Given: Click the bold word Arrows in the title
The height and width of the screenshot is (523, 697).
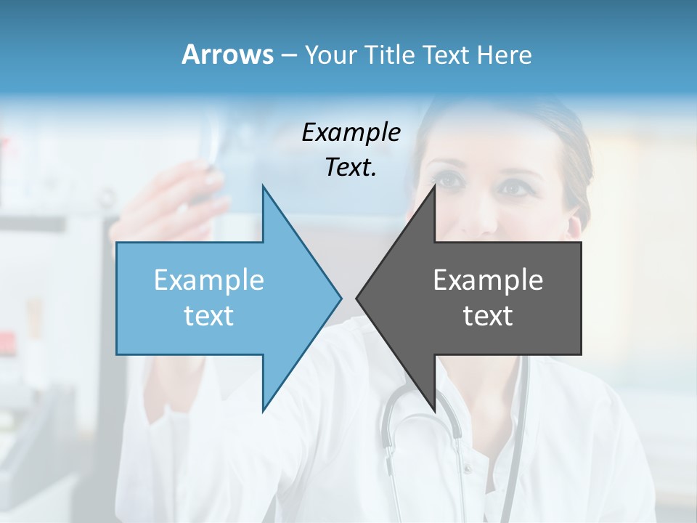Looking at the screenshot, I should [227, 54].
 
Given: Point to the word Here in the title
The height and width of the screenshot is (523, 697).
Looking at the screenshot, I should [504, 54].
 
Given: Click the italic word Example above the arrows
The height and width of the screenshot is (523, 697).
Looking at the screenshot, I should [351, 133].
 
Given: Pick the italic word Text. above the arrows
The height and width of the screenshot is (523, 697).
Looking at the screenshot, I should [351, 167].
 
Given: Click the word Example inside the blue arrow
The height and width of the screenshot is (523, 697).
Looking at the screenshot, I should [208, 280].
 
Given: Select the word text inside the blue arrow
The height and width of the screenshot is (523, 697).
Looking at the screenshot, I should [208, 316].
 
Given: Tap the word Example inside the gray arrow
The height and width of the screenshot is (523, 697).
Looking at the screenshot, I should [488, 280].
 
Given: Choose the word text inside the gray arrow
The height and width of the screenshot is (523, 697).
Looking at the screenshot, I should [488, 316].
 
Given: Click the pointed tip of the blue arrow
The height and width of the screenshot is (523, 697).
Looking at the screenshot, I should [341, 298].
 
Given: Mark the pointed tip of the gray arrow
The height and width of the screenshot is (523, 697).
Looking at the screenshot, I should [357, 298].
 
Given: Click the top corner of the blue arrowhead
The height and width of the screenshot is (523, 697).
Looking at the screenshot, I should [264, 187].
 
